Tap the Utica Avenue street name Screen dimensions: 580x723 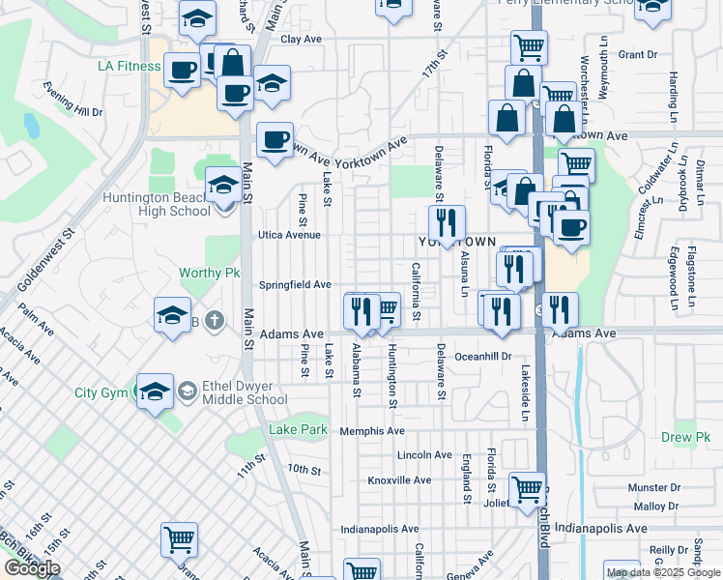click(288, 235)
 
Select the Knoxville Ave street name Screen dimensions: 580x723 click(399, 479)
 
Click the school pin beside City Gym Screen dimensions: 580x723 click(155, 391)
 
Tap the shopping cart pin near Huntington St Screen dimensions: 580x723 click(384, 309)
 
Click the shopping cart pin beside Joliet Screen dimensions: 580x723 click(527, 489)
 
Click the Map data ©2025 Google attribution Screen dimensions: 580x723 click(663, 572)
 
